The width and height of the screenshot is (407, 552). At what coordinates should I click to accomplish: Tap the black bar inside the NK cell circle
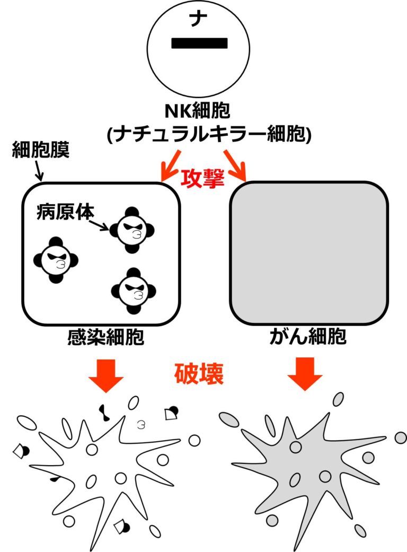(x=199, y=43)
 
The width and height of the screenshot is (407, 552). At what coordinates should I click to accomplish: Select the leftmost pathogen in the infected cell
(x=56, y=259)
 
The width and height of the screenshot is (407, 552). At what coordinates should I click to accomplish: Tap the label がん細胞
(x=308, y=338)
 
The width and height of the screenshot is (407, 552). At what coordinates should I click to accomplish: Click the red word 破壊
(x=199, y=374)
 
